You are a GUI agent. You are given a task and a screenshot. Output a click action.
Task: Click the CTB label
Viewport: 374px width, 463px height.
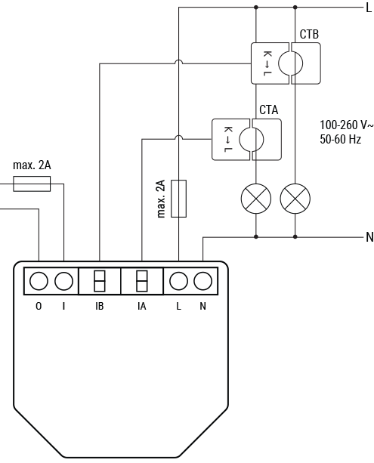[309, 35]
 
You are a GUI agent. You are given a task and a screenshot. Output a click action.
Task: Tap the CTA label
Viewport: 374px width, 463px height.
[268, 110]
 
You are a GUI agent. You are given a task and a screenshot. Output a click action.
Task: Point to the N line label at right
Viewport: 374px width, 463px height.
[369, 237]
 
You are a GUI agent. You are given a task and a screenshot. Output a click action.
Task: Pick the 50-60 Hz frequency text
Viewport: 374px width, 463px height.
[339, 140]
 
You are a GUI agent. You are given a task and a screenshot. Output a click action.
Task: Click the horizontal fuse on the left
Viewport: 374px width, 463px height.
[32, 184]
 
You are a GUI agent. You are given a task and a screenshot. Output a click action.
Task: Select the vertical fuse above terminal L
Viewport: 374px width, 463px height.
[178, 199]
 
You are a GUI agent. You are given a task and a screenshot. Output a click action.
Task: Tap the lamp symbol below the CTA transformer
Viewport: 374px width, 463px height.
[255, 199]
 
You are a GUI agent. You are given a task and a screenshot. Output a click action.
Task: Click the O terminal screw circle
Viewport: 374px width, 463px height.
[39, 282]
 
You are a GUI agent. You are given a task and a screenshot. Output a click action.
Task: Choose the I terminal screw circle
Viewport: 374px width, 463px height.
[64, 282]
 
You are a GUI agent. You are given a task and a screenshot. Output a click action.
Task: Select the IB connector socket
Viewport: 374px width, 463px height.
[100, 282]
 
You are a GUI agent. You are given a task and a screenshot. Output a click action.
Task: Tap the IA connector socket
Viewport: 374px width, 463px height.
[141, 282]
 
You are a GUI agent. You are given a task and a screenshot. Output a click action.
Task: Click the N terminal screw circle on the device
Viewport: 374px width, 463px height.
[202, 282]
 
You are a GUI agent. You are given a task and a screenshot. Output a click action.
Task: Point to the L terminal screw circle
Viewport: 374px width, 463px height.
[178, 282]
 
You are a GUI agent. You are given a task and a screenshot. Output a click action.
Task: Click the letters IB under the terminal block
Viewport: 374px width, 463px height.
[100, 306]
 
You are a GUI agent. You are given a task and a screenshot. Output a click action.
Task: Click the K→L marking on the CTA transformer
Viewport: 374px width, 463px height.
[226, 140]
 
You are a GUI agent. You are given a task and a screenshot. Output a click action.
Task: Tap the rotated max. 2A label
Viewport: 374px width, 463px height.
[161, 199]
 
